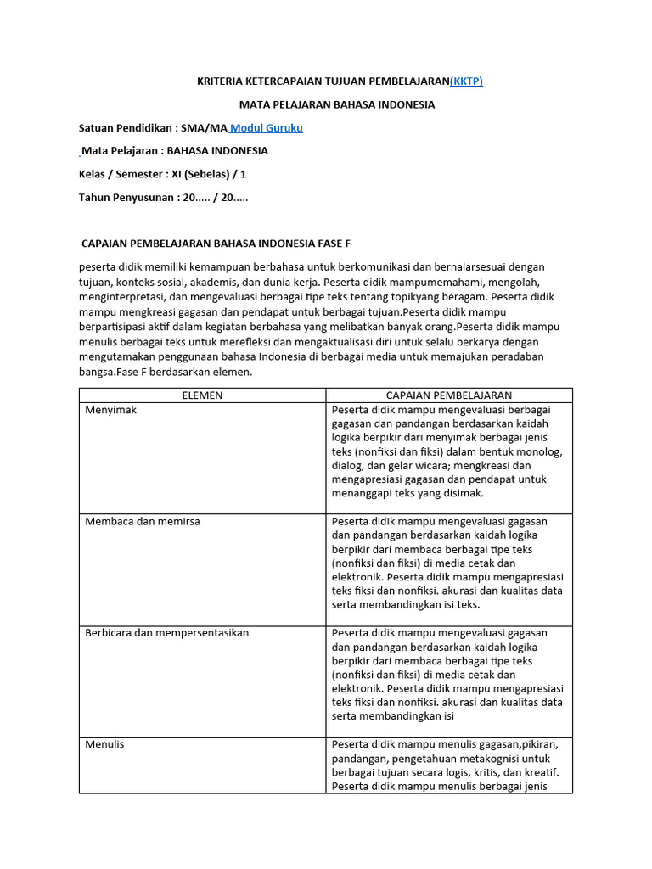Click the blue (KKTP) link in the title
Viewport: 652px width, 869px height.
point(466,81)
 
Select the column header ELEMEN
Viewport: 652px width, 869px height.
point(202,395)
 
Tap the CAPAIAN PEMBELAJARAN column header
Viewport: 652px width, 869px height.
point(449,395)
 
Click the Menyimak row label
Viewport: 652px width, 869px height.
point(110,410)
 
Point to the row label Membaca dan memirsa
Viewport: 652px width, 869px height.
point(143,521)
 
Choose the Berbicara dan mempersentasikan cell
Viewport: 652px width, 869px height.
point(166,633)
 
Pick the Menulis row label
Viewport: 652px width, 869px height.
point(104,744)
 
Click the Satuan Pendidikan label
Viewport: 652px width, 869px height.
point(126,128)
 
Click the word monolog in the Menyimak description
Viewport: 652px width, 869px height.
point(540,451)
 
